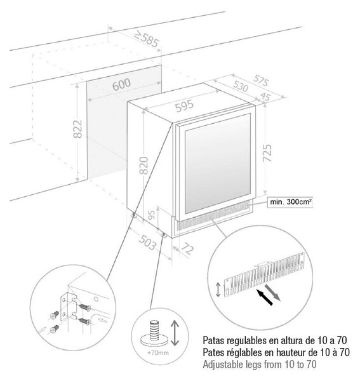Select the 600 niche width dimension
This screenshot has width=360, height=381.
[x=121, y=84]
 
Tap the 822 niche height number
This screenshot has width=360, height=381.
[x=78, y=129]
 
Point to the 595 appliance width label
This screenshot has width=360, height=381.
[x=185, y=106]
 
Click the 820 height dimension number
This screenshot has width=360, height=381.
[x=143, y=166]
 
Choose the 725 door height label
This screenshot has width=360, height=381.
[x=267, y=153]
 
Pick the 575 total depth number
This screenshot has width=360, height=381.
[x=261, y=81]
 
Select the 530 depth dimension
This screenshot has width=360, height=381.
[x=240, y=86]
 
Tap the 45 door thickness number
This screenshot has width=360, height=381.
[x=265, y=97]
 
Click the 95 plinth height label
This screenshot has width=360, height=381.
[x=151, y=215]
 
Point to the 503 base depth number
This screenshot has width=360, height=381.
[x=147, y=242]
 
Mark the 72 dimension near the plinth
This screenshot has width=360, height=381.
[x=187, y=248]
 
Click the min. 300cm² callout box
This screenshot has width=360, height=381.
[x=290, y=202]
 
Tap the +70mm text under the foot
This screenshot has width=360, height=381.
[x=157, y=352]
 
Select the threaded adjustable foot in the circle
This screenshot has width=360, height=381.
[x=154, y=333]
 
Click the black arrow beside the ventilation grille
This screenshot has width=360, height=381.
[x=265, y=297]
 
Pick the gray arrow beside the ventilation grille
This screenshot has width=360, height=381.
[x=272, y=293]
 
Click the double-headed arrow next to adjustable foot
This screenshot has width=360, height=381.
[x=175, y=333]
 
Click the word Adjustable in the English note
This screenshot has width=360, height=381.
[x=220, y=364]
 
